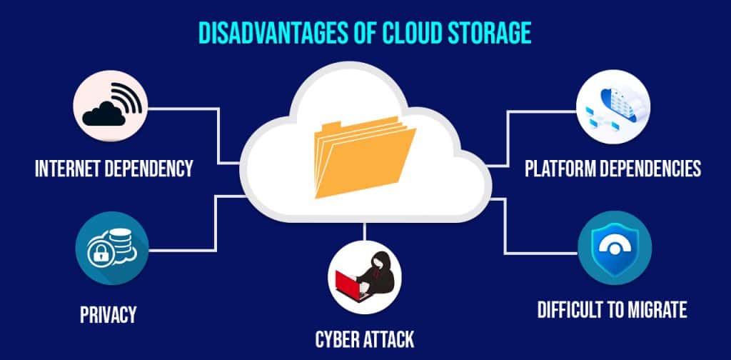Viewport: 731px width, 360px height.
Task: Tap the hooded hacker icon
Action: pos(365,275)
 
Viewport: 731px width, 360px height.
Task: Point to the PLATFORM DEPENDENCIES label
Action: pos(612,169)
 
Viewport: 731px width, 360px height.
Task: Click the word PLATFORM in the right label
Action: pos(563,169)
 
